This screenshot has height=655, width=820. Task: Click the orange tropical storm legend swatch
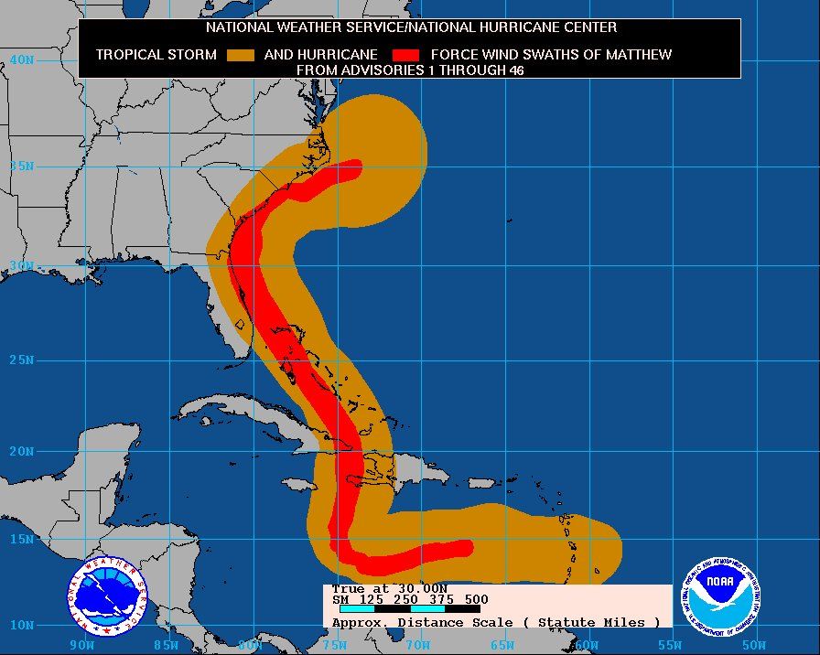241,55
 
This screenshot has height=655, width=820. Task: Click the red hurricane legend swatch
405,55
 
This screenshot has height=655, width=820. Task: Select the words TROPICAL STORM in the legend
156,54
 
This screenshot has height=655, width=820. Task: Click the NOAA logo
722,594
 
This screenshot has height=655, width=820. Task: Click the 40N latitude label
21,59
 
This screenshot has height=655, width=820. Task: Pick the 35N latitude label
21,166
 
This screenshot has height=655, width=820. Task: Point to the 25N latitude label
21,360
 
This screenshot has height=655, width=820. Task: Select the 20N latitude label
21,451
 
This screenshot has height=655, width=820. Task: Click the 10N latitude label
21,626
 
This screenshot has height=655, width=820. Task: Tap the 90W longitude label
82,645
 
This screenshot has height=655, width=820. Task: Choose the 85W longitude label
165,645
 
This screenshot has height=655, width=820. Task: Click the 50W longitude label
753,645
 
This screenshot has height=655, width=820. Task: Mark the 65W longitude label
501,645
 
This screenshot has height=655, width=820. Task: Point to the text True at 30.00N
390,588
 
